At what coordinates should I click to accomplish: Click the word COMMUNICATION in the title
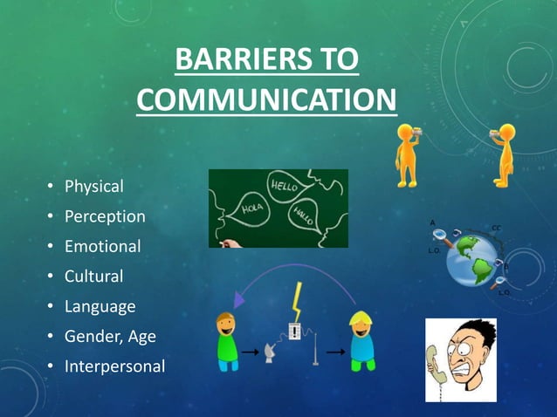point(266,100)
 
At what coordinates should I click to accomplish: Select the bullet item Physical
point(94,186)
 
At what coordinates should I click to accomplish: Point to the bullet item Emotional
point(103,246)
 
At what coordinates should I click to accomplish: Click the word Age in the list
point(141,337)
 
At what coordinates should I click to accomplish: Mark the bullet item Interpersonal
point(114,366)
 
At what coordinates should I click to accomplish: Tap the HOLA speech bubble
point(251,209)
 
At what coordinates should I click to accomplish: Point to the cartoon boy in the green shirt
point(228,341)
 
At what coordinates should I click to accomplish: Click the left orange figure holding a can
point(408,154)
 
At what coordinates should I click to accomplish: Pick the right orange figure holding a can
point(504,154)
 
